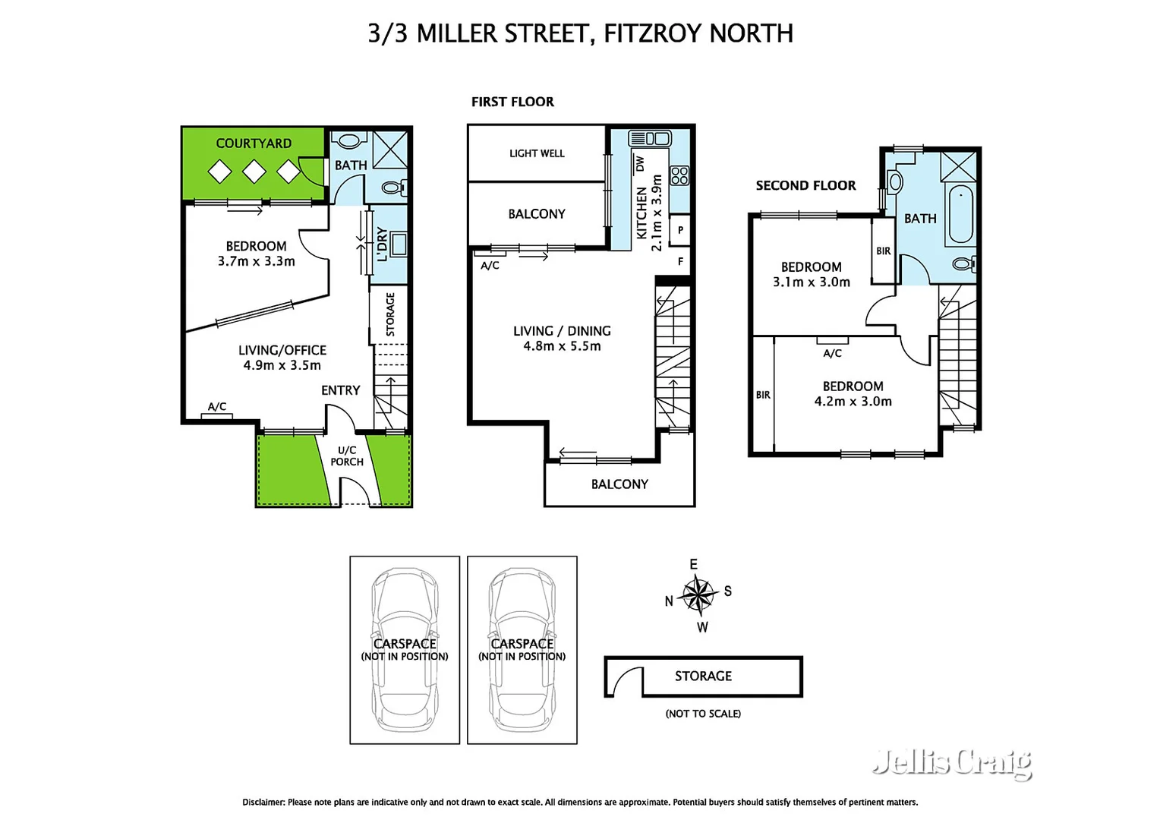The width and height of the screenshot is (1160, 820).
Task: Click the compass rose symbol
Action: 698,594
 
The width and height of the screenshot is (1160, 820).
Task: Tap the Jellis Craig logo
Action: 952,762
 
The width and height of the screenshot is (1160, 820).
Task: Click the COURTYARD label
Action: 254,143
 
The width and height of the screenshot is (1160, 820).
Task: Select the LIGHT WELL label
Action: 537,153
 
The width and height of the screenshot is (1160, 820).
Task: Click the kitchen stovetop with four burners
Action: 679,175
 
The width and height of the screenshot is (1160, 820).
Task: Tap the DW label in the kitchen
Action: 639,163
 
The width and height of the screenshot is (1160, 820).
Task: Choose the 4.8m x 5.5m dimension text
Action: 562,346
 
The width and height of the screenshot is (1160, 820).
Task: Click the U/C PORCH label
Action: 347,456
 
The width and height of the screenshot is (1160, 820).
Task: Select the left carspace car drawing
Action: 405,650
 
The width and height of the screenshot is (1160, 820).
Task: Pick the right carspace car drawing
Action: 522,650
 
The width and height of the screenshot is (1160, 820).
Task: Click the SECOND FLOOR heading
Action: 805,185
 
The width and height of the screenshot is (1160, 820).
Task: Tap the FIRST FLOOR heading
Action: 512,102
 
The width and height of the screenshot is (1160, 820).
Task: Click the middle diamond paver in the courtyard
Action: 254,172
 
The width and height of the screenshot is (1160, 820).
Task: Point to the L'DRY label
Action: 382,244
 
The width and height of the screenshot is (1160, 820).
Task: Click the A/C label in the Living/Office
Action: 217,407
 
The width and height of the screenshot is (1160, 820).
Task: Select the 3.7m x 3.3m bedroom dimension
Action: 256,261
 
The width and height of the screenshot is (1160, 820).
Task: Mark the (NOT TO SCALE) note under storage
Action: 703,714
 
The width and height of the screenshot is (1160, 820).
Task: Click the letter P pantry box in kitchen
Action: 680,230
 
